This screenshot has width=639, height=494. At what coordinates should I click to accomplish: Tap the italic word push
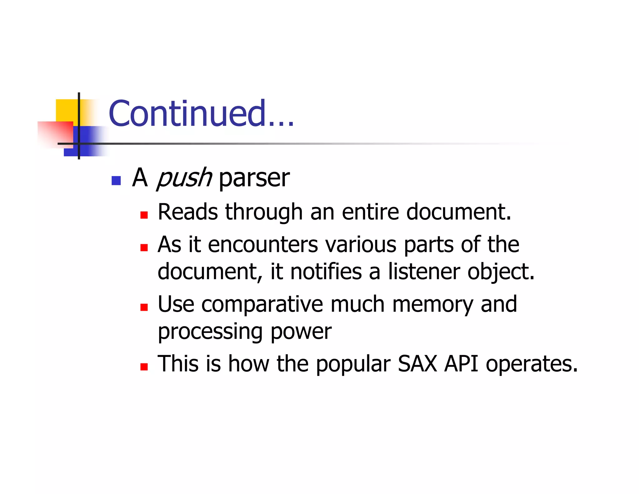pyautogui.click(x=184, y=178)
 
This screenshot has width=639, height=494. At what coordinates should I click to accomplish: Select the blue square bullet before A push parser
pyautogui.click(x=116, y=180)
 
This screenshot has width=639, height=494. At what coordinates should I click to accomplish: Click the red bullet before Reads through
pyautogui.click(x=144, y=215)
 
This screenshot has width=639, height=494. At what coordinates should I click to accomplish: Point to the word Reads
pyautogui.click(x=188, y=212)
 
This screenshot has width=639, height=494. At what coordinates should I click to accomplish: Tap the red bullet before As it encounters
pyautogui.click(x=144, y=248)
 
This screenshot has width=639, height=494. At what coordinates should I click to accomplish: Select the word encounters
pyautogui.click(x=263, y=245)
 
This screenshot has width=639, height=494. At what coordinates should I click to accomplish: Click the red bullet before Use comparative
pyautogui.click(x=144, y=308)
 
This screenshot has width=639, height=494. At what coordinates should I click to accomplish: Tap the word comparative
pyautogui.click(x=262, y=304)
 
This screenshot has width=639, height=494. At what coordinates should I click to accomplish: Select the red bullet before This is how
pyautogui.click(x=144, y=367)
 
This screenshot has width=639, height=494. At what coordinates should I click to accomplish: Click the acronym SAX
pyautogui.click(x=417, y=364)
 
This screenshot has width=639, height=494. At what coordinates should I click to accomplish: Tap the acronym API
pyautogui.click(x=461, y=364)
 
